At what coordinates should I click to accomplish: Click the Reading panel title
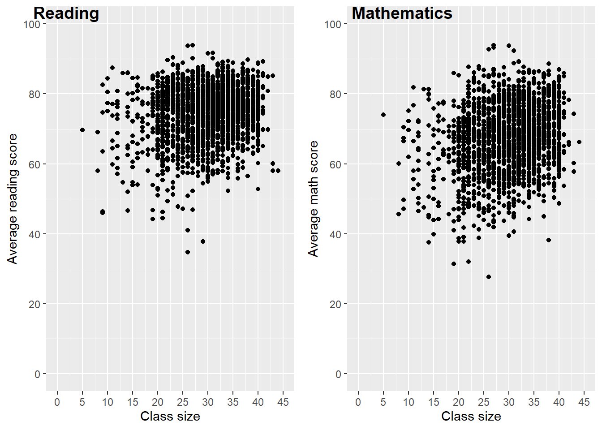(x=66, y=13)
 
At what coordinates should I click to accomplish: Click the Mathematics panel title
(x=402, y=13)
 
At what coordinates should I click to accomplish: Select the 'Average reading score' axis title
(x=13, y=199)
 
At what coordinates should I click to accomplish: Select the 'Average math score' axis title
(x=314, y=199)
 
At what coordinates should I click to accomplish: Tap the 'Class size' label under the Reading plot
(x=170, y=417)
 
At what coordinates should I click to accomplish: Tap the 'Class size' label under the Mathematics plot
(x=471, y=417)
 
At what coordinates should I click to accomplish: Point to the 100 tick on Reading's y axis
(x=32, y=24)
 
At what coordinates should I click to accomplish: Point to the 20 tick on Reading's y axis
(x=34, y=304)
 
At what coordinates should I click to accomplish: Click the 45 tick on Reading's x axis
(x=283, y=402)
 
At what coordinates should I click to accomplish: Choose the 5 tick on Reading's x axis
(x=82, y=402)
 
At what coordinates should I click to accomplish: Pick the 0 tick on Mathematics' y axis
(x=338, y=374)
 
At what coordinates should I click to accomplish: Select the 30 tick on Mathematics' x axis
(x=509, y=402)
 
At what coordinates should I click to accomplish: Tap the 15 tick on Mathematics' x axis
(x=434, y=402)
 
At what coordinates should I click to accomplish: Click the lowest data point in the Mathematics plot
(x=489, y=277)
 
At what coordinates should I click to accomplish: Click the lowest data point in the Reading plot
(x=188, y=252)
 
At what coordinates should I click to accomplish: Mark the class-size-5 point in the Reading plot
(x=82, y=130)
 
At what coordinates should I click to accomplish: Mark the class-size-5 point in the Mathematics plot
(x=383, y=115)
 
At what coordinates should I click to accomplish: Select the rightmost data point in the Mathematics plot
(x=579, y=142)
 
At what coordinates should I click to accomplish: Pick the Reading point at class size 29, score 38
(x=203, y=241)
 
